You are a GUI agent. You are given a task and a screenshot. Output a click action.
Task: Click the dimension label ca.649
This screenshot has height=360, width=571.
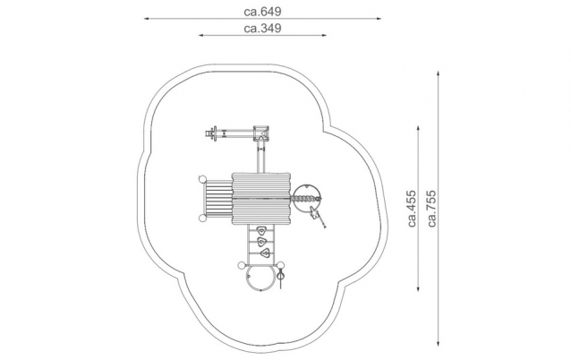pyautogui.click(x=262, y=12)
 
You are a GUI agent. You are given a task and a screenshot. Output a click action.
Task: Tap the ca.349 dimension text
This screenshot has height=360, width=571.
pyautogui.click(x=262, y=29)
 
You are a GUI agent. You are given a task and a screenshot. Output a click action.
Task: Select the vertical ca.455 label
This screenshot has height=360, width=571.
pyautogui.click(x=412, y=209)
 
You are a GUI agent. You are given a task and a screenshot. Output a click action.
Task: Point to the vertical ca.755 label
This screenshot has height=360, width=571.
pyautogui.click(x=432, y=209)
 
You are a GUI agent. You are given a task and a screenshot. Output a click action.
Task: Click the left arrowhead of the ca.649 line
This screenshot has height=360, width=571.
pyautogui.click(x=147, y=18)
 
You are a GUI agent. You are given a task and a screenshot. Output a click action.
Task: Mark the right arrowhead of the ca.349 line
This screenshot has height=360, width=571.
pyautogui.click(x=324, y=35)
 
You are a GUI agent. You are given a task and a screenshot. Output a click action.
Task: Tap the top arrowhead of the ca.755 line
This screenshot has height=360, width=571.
pyautogui.click(x=439, y=73)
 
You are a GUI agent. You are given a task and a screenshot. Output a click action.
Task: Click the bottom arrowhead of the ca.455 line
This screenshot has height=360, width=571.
pyautogui.click(x=418, y=289)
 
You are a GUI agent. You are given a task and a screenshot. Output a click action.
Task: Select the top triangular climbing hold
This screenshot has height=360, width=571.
pyautogui.click(x=261, y=231)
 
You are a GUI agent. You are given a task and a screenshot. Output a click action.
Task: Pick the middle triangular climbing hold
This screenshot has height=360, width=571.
pyautogui.click(x=261, y=242)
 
